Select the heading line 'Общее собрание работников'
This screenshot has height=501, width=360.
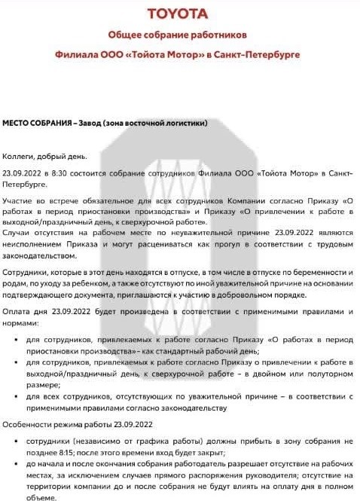coord(177,35)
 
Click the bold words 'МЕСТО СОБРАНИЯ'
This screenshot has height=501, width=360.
coord(38,123)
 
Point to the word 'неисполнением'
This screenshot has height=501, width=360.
coord(34,245)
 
